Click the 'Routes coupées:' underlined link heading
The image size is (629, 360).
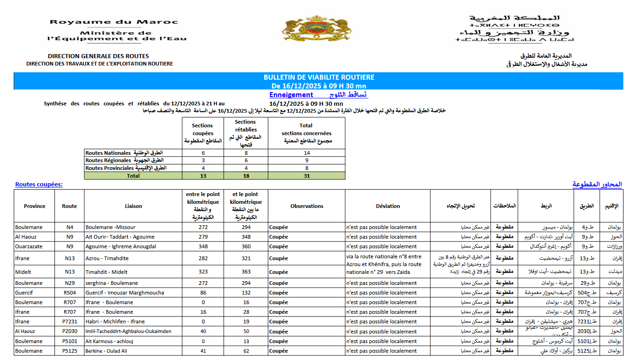pyautogui.click(x=39, y=185)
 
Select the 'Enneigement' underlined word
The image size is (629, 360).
pyautogui.click(x=291, y=95)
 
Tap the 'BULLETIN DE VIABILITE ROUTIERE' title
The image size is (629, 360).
pyautogui.click(x=319, y=77)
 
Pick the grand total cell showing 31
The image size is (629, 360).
pyautogui.click(x=306, y=176)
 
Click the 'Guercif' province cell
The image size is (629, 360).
pyautogui.click(x=24, y=293)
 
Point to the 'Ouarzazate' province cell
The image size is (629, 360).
pyautogui.click(x=28, y=246)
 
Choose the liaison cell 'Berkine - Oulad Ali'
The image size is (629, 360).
pyautogui.click(x=106, y=351)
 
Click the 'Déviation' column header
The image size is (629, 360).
pyautogui.click(x=388, y=206)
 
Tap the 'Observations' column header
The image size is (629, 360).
pyautogui.click(x=307, y=206)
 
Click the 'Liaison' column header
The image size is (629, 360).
pyautogui.click(x=133, y=206)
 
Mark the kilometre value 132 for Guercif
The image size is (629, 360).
pyautogui.click(x=246, y=293)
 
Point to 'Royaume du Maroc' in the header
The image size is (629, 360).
pyautogui.click(x=114, y=22)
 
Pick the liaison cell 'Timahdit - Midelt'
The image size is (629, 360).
pyautogui.click(x=107, y=272)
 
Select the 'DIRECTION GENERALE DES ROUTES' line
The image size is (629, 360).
pyautogui.click(x=98, y=56)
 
